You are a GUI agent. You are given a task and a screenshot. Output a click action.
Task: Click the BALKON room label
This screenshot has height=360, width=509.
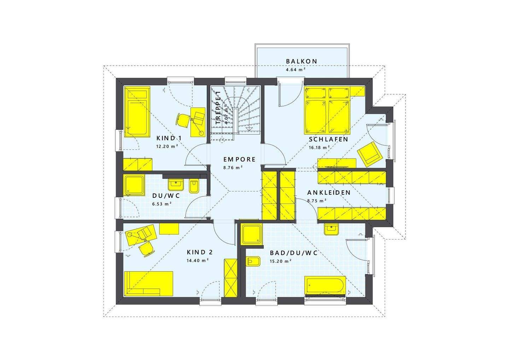tap(302, 61)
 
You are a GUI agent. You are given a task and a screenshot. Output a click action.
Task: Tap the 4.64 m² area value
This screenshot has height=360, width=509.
tap(296, 70)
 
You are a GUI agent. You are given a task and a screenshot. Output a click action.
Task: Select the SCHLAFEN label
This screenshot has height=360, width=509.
tap(328, 140)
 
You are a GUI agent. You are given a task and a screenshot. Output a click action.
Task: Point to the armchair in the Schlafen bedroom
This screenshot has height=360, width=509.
tap(370, 153)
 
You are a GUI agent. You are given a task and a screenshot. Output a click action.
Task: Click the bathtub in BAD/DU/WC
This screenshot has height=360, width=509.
tap(326, 285)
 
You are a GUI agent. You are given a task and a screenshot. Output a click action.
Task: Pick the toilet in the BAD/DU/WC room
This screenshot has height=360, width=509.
tap(254, 262)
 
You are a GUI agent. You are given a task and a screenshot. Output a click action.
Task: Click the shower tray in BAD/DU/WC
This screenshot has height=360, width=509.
tap(252, 234)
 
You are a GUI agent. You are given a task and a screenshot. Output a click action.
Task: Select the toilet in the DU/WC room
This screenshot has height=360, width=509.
tap(194, 186)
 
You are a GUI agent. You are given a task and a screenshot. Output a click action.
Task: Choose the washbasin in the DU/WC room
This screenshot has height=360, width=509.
tap(176, 184)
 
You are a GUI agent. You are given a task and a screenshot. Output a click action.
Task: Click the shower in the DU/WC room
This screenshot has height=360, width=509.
tap(134, 185)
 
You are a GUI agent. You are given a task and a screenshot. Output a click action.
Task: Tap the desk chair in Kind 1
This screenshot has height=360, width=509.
tap(182, 120)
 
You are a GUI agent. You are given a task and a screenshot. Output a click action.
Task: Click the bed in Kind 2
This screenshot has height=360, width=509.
tap(148, 283)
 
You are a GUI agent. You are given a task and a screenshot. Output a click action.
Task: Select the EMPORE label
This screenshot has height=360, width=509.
tap(239, 160)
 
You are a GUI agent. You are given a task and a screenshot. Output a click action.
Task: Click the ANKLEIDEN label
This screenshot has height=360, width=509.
tap(329, 193)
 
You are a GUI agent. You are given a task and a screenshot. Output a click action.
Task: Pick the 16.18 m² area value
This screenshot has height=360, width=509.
tap(319, 147)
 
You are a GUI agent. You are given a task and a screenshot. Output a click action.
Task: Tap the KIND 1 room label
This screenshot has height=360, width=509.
tap(169, 138)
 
